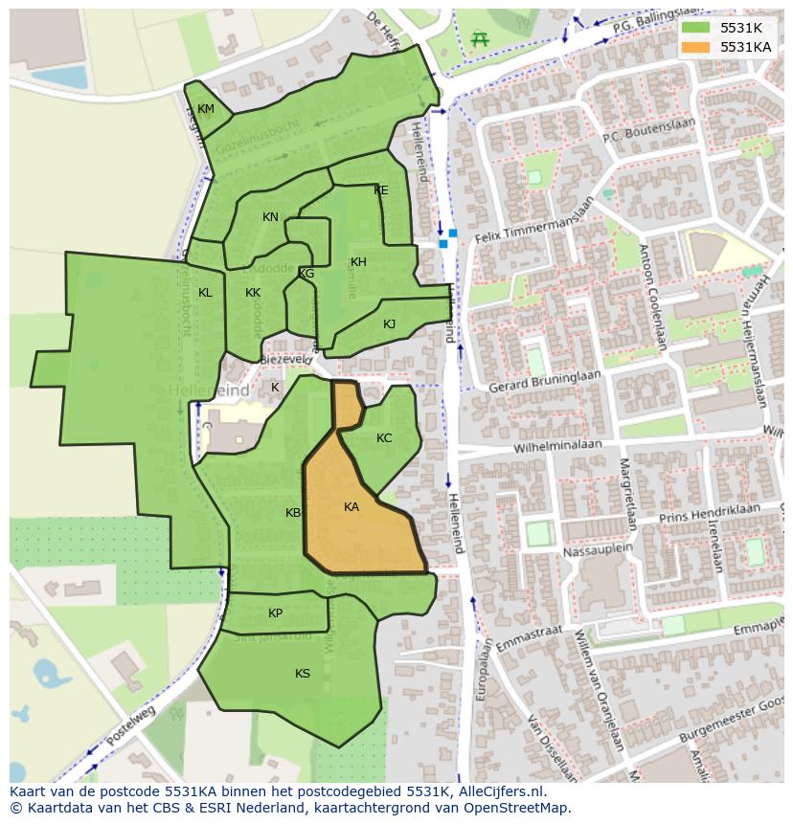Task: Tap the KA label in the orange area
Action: point(351,507)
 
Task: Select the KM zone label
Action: point(206,109)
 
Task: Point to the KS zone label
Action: point(303,674)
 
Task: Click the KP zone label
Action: point(276,613)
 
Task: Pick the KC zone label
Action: point(384,438)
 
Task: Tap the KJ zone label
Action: point(390,324)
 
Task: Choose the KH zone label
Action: point(358,262)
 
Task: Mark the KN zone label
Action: point(270,217)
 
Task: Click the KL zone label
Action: point(205,293)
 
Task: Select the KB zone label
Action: point(293,513)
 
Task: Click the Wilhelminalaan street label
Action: point(557,445)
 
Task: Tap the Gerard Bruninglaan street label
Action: point(544,381)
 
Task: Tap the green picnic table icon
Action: point(480,39)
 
